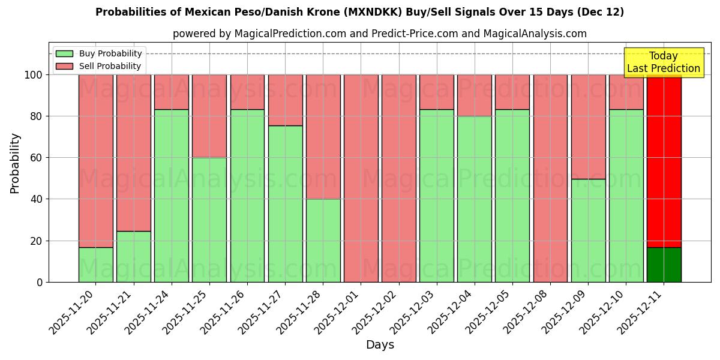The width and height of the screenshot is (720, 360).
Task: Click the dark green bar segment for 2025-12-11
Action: pos(664,265)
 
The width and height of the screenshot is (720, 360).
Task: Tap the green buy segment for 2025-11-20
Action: pos(96,265)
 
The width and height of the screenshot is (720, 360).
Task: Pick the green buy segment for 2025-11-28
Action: pos(323,240)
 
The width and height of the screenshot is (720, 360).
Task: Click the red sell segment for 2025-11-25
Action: pos(209,116)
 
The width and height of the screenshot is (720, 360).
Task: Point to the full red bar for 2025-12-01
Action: pos(361,178)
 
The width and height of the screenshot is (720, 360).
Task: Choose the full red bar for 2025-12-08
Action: pos(550,178)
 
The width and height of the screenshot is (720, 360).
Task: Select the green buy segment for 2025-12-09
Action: pos(588,230)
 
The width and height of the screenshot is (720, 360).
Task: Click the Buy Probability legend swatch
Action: pos(64,53)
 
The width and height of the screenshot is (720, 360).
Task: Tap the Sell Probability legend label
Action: pos(110,66)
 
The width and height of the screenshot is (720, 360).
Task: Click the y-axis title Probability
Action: pos(15,163)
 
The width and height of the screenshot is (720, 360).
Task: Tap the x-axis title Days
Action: pos(380,345)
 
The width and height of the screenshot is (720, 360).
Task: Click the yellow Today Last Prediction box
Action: pos(664,62)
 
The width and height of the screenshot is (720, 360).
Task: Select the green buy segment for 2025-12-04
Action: pos(475,199)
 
